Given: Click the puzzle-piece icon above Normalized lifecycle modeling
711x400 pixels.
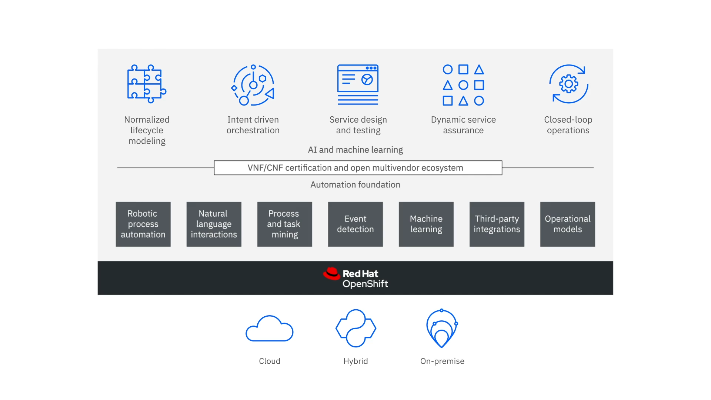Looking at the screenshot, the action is [x=147, y=84].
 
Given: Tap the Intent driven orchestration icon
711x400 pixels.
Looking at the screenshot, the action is [x=253, y=85].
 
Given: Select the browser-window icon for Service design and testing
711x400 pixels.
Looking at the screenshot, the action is [x=358, y=85].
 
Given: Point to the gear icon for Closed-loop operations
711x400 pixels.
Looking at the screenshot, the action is [x=568, y=84].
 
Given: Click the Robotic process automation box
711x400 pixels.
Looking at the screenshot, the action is [x=143, y=224].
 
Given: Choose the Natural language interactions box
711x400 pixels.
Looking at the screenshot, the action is [x=214, y=224].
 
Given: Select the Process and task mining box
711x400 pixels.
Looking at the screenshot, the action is [x=284, y=224].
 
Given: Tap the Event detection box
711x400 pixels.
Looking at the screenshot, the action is [x=355, y=224].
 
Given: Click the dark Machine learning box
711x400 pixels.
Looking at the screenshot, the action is [x=426, y=224].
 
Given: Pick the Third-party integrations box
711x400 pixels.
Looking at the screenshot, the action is [x=497, y=224].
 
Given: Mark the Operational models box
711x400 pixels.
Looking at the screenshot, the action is [x=567, y=224].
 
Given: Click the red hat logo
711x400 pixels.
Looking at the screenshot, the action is [x=331, y=274].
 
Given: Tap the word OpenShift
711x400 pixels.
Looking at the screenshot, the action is [x=365, y=284].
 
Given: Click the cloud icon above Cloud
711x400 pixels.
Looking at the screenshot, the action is [x=270, y=328].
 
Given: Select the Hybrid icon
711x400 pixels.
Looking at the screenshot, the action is [x=356, y=328].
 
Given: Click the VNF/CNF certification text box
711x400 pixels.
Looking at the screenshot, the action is [x=358, y=168].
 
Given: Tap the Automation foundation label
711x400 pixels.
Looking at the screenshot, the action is [x=355, y=184].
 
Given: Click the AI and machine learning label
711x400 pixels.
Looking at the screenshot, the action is [x=355, y=150].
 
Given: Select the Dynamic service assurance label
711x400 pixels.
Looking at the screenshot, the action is [x=463, y=125].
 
